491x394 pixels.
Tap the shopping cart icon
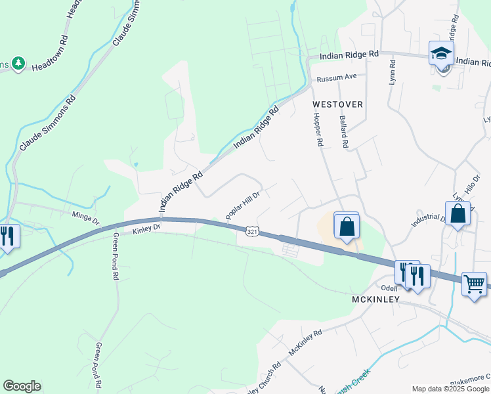[x=474, y=284]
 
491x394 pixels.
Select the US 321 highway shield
[x=252, y=232]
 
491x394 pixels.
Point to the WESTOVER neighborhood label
[x=337, y=104]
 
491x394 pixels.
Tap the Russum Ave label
[x=336, y=78]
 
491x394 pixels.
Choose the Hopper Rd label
[x=318, y=129]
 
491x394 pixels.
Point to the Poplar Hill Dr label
[x=243, y=206]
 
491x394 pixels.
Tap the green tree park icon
[x=18, y=64]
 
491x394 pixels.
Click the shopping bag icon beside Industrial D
[x=458, y=213]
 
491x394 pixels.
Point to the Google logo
[x=22, y=386]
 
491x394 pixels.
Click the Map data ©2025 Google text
[x=450, y=389]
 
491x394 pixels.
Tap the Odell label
[x=390, y=288]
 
